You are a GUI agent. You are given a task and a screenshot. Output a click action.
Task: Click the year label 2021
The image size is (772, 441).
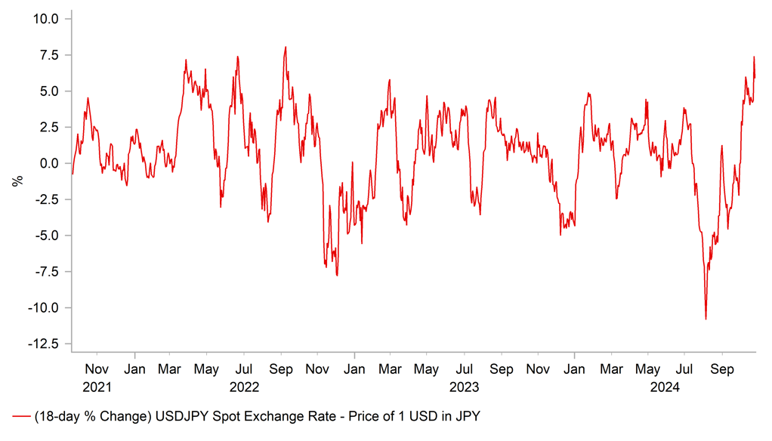pyautogui.click(x=97, y=387)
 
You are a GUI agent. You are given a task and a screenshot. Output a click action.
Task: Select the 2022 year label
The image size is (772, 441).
pyautogui.click(x=244, y=387)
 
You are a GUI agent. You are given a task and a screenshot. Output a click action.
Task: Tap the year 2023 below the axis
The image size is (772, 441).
pyautogui.click(x=465, y=387)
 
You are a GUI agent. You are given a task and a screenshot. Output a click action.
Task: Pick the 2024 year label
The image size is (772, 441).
pyautogui.click(x=665, y=387)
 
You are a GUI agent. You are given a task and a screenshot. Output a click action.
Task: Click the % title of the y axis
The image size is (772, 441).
pyautogui.click(x=15, y=181)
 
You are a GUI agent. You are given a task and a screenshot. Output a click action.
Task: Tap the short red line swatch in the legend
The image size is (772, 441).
pyautogui.click(x=21, y=417)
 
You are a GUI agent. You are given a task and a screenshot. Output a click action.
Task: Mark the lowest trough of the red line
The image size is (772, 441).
pyautogui.click(x=706, y=319)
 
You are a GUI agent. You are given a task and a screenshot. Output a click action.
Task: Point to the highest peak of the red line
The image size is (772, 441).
pyautogui.click(x=286, y=47)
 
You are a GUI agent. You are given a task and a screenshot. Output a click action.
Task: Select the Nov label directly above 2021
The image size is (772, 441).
pyautogui.click(x=97, y=371)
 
